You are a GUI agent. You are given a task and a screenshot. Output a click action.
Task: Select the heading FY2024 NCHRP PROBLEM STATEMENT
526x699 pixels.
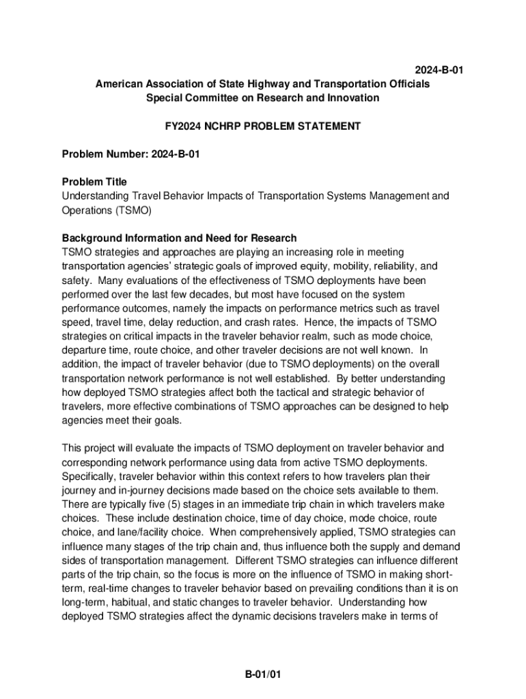click(263, 126)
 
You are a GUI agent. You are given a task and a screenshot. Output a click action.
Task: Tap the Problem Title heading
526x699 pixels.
click(94, 182)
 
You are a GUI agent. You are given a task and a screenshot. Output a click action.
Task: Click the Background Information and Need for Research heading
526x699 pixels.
click(179, 238)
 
